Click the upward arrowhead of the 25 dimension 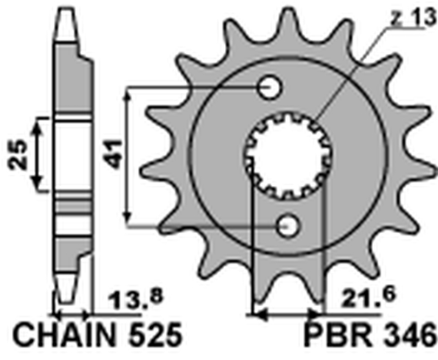coord(37,123)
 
